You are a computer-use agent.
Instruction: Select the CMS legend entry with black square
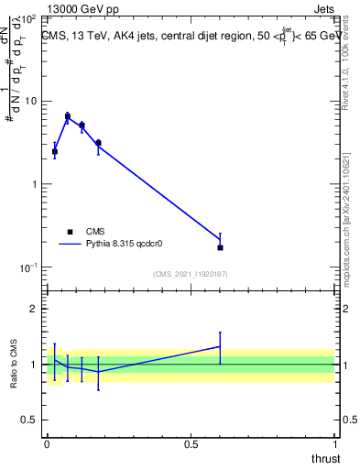[71, 232]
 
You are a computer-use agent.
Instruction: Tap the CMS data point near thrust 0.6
[220, 247]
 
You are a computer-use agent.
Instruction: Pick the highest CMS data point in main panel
[68, 116]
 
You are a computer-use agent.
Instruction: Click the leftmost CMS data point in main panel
[55, 151]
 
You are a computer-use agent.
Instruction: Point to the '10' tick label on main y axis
[31, 101]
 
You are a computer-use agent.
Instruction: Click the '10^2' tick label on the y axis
[29, 18]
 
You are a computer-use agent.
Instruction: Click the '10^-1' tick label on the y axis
[28, 267]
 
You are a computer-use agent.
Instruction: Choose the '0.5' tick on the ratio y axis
[31, 420]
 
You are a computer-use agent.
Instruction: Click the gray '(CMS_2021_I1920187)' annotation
[191, 274]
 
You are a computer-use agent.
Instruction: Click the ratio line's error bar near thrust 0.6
[220, 346]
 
